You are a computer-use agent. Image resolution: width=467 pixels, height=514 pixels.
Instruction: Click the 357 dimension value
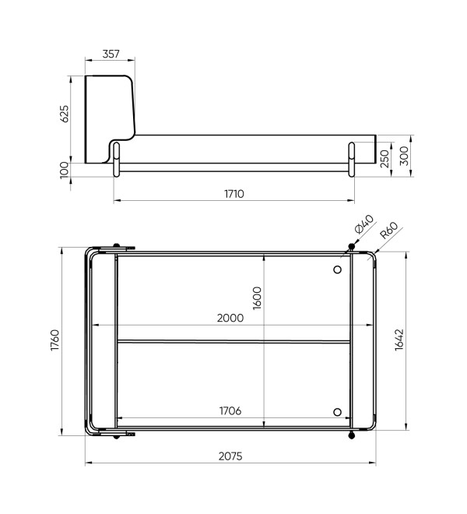[111, 54]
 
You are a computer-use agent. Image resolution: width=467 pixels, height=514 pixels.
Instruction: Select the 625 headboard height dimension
[65, 114]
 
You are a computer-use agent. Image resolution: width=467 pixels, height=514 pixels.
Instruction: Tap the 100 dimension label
[65, 170]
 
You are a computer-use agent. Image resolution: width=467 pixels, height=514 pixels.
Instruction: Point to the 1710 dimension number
[234, 194]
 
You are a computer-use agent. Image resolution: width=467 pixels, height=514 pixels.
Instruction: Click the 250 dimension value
[384, 159]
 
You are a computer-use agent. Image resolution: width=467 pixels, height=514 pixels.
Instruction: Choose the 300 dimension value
[405, 156]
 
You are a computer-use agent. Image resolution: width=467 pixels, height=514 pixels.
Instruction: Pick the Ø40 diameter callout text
[363, 224]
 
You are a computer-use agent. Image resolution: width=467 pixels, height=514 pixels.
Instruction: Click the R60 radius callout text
[389, 231]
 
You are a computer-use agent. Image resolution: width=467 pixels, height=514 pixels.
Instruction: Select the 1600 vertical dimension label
[258, 298]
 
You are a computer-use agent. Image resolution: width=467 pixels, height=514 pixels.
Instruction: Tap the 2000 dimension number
[230, 318]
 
